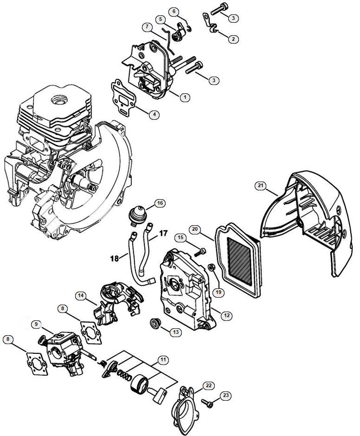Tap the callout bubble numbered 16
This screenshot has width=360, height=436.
click(160, 203)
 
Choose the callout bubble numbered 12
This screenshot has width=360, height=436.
click(227, 315)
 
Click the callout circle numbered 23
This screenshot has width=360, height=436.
click(225, 396)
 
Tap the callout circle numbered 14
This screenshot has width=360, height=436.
click(81, 295)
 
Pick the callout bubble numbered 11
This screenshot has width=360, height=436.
click(162, 360)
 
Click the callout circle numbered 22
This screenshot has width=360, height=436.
click(208, 385)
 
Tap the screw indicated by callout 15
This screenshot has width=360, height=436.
click(201, 251)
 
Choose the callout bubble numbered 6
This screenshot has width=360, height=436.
click(174, 11)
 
